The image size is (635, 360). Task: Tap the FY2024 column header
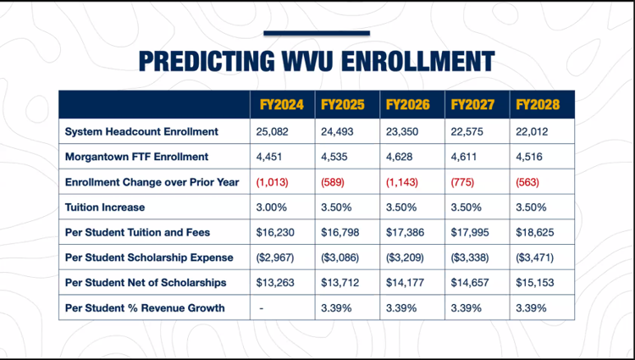click(281, 105)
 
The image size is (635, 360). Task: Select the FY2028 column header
click(538, 105)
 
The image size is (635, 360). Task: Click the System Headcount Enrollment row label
click(141, 131)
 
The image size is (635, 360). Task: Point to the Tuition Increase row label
click(105, 208)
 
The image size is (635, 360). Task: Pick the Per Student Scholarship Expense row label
click(149, 258)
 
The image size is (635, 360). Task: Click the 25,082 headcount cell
click(272, 132)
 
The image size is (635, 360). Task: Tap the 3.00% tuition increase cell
click(271, 208)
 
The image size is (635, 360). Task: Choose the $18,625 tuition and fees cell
click(535, 232)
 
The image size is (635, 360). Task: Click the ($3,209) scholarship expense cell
click(405, 258)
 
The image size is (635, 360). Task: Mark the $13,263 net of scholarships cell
click(275, 283)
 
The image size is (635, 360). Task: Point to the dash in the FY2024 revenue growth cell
click(262, 308)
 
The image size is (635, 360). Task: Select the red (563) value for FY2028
click(527, 182)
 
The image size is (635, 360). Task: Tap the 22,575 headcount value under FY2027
click(467, 132)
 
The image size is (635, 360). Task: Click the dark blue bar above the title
click(317, 33)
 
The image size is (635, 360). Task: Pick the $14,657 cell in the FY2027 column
click(470, 283)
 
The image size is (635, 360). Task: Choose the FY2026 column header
click(408, 105)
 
